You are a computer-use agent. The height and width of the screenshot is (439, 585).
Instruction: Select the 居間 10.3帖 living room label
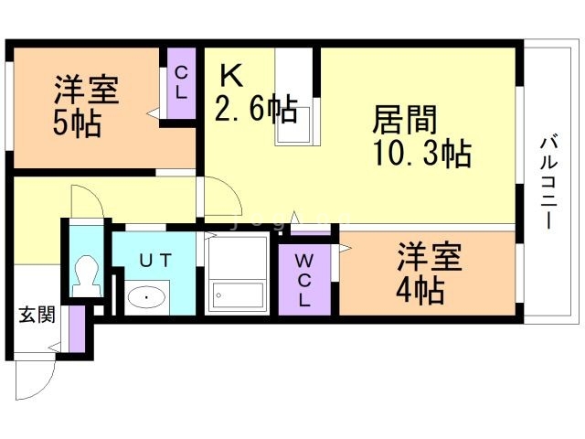click(x=421, y=135)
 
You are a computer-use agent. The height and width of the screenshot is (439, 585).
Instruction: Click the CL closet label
click(x=181, y=82)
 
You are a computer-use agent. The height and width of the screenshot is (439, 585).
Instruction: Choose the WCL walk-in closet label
click(x=304, y=281)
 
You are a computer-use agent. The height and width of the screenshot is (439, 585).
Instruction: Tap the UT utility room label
click(x=155, y=260)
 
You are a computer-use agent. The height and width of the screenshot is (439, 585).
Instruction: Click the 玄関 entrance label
click(x=37, y=315)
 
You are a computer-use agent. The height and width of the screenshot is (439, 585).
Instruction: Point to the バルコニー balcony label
click(x=548, y=183)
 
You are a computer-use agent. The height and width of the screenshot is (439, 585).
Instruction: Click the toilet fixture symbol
click(x=87, y=276)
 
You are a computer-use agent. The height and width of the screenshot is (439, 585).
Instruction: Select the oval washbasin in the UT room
click(x=146, y=297)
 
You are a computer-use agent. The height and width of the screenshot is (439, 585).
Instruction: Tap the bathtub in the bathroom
click(x=238, y=295)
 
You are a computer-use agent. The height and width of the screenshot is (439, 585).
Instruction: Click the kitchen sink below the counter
click(x=294, y=125)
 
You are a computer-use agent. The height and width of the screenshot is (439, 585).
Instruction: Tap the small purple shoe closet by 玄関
click(x=77, y=328)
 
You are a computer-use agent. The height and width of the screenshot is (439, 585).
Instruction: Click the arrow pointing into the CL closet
click(x=153, y=113)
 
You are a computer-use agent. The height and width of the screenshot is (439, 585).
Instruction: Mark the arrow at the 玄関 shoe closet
click(x=55, y=348)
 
